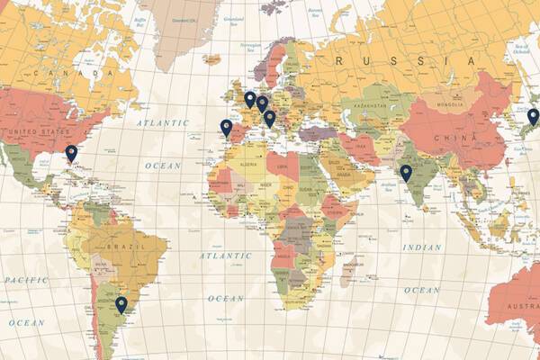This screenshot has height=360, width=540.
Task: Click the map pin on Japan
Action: [x=533, y=116]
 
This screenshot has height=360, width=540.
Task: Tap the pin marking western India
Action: [x=406, y=173]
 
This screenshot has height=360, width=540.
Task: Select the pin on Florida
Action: [x=71, y=153]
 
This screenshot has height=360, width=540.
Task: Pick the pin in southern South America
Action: [x=121, y=305]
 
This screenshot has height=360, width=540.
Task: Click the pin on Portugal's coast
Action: [x=226, y=128]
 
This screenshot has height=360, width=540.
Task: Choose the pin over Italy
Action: [x=269, y=118]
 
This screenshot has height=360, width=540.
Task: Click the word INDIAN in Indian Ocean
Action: [x=422, y=247]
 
